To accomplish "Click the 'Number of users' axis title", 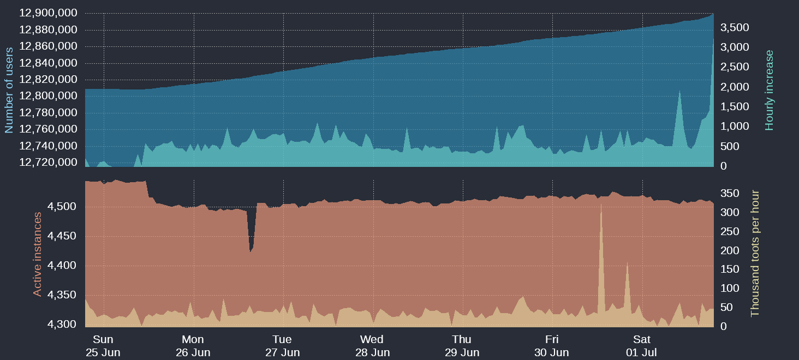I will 9,90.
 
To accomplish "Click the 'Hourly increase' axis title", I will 770,90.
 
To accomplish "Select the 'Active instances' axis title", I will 37,254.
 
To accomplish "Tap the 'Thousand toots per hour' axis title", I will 755,253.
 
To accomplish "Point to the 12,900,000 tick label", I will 48,13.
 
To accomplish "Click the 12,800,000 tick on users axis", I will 48,96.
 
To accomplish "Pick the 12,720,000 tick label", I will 48,163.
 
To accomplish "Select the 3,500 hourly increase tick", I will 735,28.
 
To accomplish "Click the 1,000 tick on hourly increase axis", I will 735,127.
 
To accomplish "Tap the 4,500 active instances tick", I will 62,207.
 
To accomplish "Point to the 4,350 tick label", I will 62,295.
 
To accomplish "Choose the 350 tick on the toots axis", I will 730,193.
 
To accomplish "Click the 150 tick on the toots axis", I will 730,269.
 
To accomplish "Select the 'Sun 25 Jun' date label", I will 103,346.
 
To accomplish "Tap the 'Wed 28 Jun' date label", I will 372,346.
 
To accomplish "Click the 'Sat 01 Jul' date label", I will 641,346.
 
